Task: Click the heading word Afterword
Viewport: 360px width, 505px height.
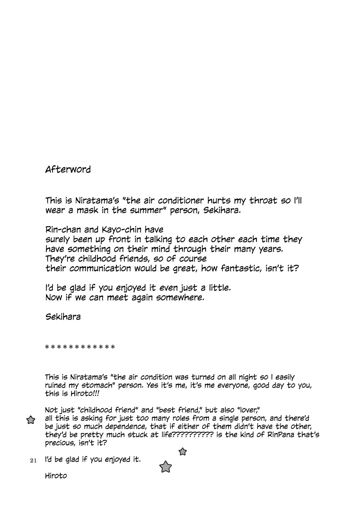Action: tap(68, 169)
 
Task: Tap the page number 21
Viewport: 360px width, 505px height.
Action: tap(33, 461)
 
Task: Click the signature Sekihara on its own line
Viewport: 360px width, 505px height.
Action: tap(63, 317)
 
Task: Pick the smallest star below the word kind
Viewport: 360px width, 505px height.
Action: tap(183, 452)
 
